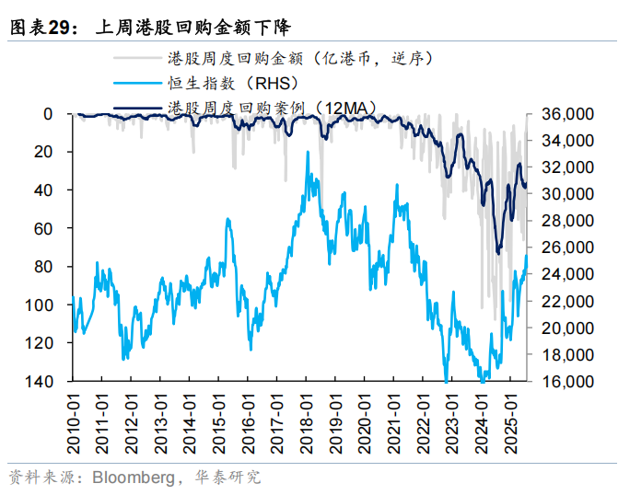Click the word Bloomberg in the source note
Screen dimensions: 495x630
coord(129,478)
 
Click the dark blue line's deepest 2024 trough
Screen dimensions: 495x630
coord(498,250)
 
